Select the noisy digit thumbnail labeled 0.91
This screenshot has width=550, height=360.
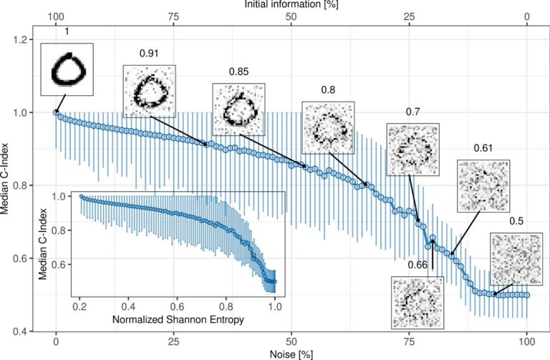(x=149, y=91)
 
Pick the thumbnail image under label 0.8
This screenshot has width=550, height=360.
(x=328, y=127)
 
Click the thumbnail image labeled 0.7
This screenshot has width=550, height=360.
(x=412, y=150)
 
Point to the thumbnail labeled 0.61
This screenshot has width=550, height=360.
(x=483, y=185)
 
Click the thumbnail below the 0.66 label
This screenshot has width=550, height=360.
(x=417, y=301)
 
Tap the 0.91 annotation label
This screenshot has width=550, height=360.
(x=149, y=54)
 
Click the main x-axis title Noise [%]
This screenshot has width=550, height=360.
(x=291, y=354)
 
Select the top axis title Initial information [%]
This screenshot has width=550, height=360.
(x=291, y=5)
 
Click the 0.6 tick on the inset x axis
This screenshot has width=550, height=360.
(x=178, y=306)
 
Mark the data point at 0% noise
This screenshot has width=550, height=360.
(x=56, y=112)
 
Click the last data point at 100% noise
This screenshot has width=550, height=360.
(x=527, y=295)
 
